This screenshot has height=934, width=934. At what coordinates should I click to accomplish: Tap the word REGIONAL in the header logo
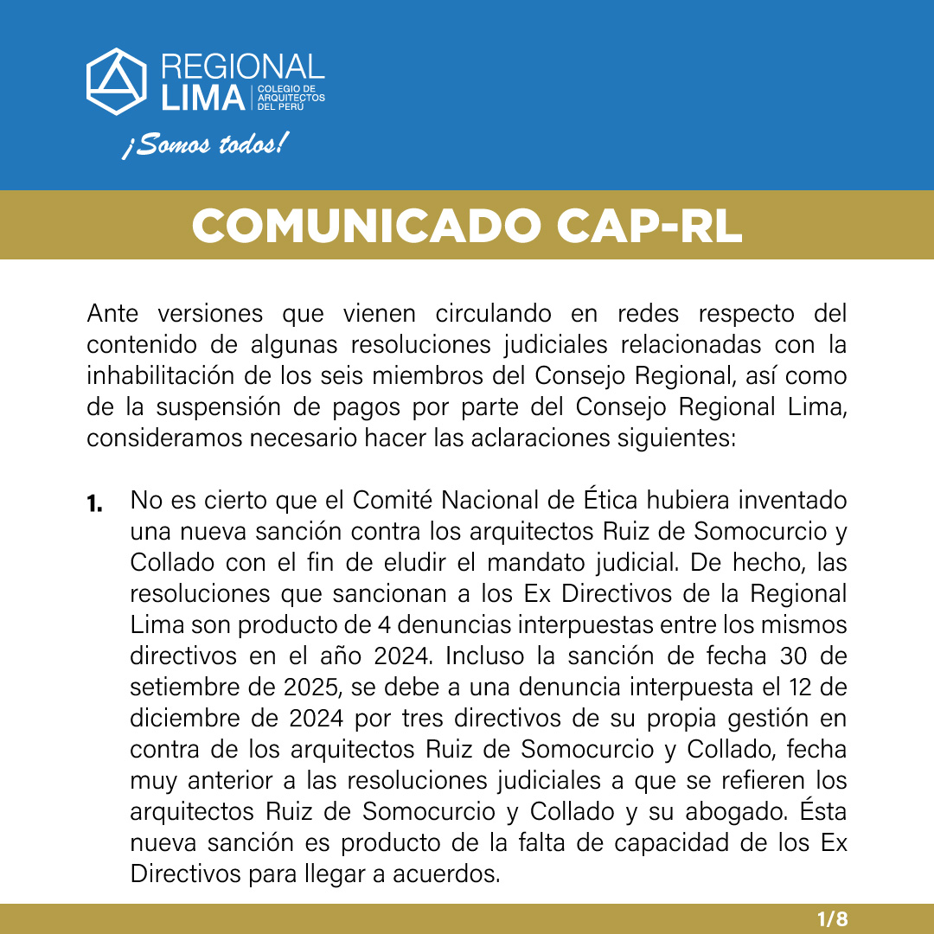243,67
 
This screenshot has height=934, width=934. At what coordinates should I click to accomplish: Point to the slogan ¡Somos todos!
202,145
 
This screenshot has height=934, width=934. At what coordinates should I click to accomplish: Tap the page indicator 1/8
833,919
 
